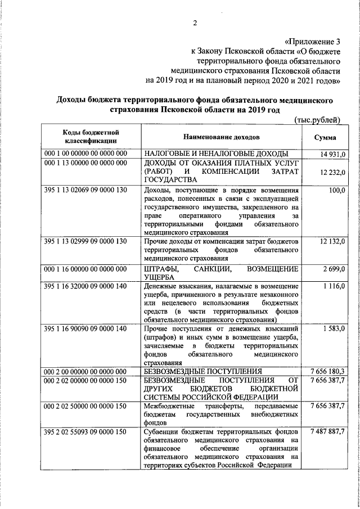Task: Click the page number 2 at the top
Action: point(195,22)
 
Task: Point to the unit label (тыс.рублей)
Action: point(318,119)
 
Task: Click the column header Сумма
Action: point(325,137)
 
